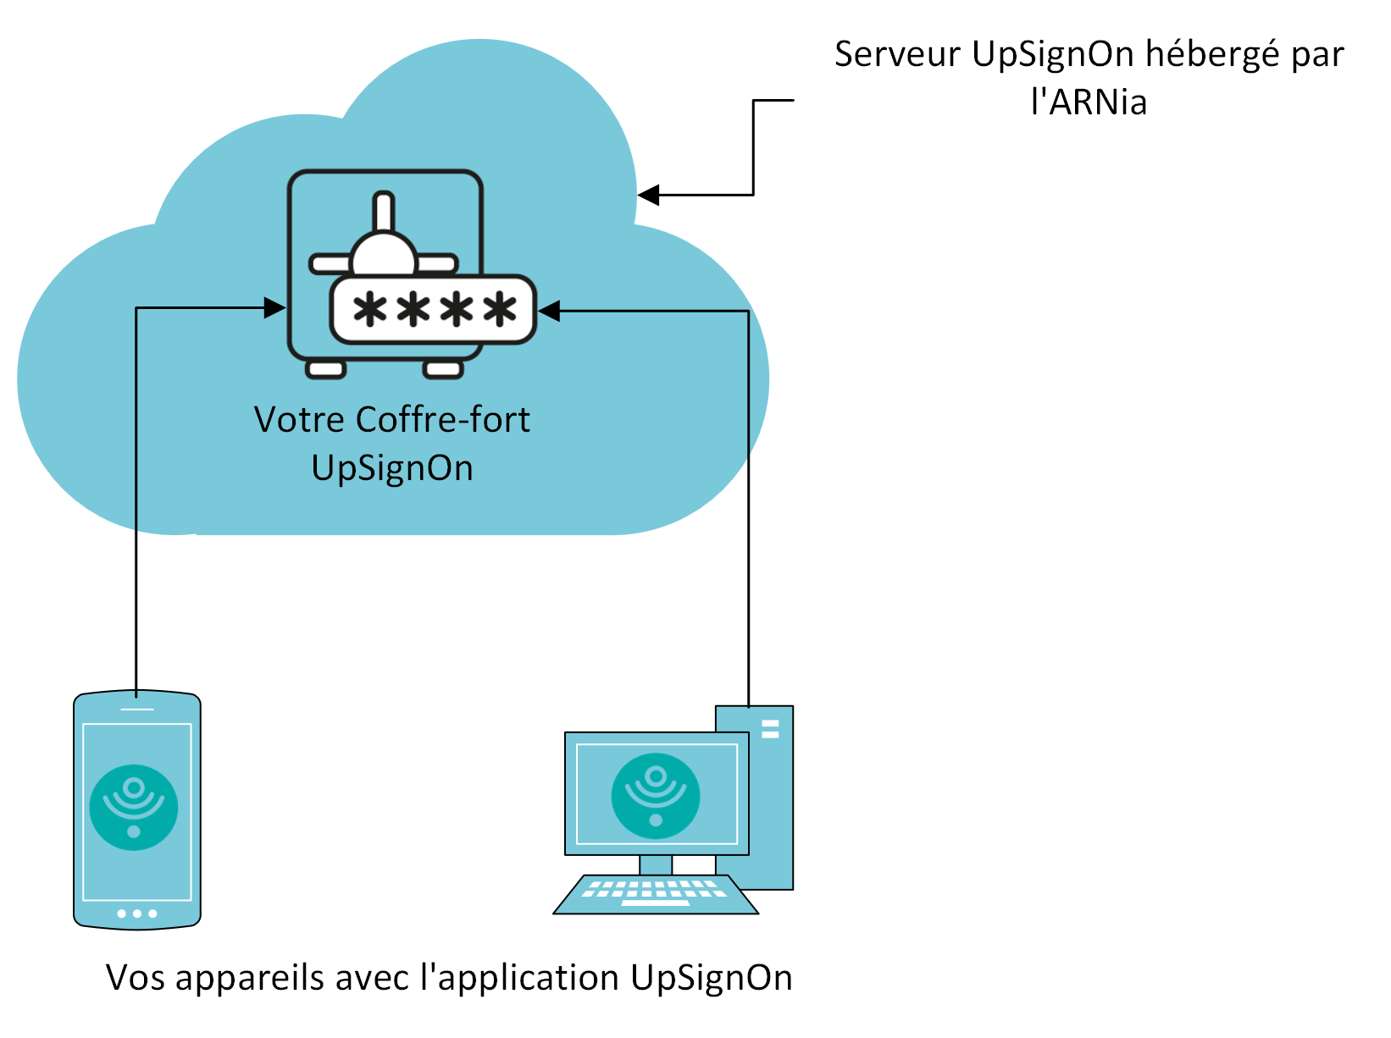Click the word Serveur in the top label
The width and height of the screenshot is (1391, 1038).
tap(897, 54)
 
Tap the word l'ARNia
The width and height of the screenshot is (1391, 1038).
tap(1089, 102)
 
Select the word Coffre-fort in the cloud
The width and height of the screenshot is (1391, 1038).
tap(442, 420)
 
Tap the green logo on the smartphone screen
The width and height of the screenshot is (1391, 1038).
tap(134, 807)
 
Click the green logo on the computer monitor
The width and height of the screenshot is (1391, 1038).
tap(656, 796)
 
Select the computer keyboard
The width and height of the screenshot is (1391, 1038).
tap(655, 895)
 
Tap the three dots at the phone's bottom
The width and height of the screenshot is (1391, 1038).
tap(137, 914)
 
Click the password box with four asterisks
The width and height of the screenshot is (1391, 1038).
tap(433, 310)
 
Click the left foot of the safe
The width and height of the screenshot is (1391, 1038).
tap(325, 369)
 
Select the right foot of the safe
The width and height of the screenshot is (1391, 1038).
tap(442, 369)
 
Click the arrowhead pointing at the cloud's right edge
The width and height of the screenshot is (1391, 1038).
tap(648, 196)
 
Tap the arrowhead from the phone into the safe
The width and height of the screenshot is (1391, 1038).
tap(274, 308)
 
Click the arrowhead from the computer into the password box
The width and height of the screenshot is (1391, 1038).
tap(549, 312)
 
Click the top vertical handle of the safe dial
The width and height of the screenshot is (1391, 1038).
tap(384, 211)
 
